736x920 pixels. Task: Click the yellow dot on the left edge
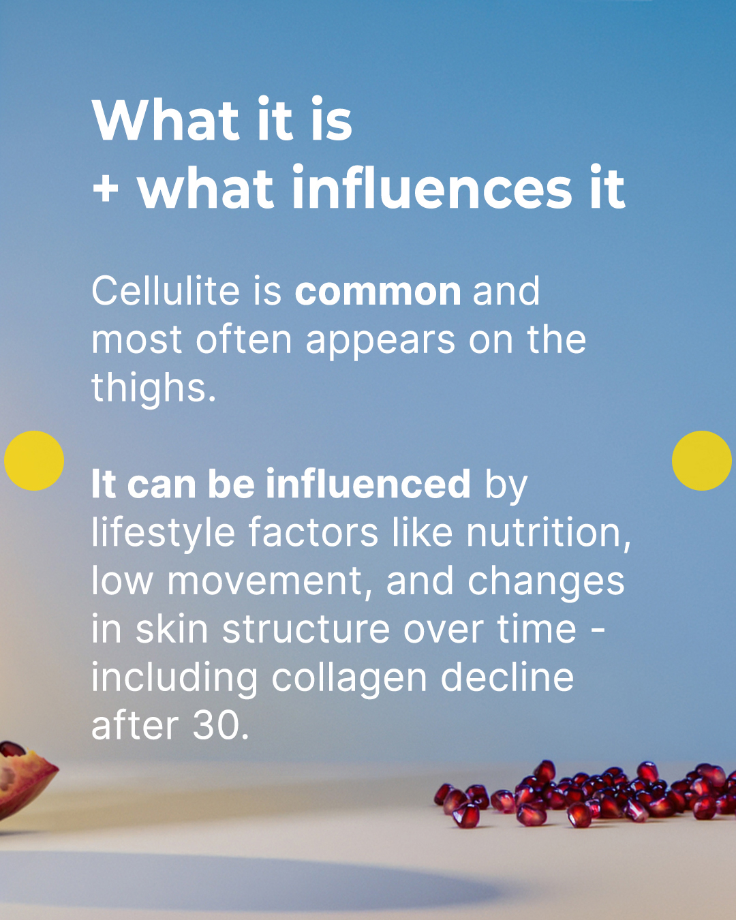coord(34,461)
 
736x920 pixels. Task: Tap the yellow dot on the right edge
coord(702,461)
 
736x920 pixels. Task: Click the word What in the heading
coord(166,119)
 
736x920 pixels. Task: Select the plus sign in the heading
coord(105,189)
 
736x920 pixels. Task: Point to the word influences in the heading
coord(432,187)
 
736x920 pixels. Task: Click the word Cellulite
coord(165,291)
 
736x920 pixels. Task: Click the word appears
coord(381,341)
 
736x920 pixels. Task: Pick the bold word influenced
coord(368,484)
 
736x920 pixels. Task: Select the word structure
coord(306,629)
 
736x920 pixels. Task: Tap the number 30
coord(220,726)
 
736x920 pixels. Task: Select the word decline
coord(507,677)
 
